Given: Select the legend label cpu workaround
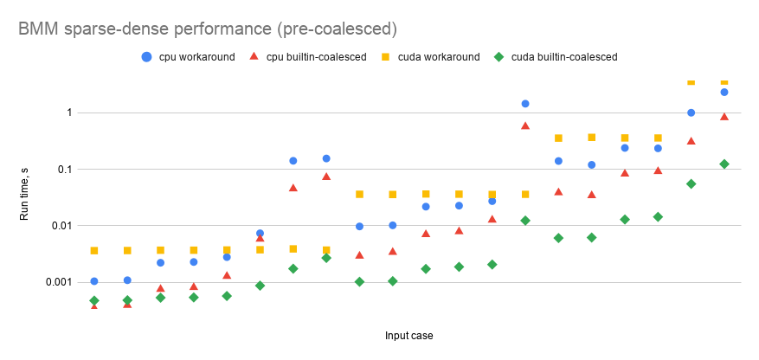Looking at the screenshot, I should [197, 57].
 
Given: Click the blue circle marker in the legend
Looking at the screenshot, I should [146, 57].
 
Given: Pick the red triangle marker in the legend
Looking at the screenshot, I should [254, 57].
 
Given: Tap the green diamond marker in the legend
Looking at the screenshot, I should [498, 57].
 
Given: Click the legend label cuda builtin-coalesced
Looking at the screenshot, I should [564, 57].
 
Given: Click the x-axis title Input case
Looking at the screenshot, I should [409, 334].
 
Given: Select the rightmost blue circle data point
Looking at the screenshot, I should [724, 92].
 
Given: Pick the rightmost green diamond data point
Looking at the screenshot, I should [724, 164].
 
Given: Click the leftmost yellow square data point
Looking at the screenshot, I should [94, 251].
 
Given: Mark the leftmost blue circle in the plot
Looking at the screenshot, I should [94, 281].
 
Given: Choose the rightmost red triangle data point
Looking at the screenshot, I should [724, 117].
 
